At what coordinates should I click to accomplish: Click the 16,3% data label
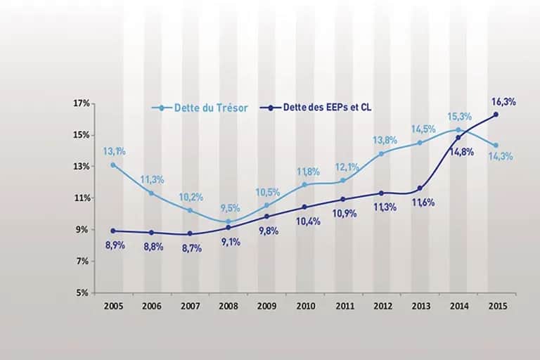pos(503,102)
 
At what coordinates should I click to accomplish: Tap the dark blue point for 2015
pos(496,115)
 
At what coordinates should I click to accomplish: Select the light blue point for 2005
pos(113,165)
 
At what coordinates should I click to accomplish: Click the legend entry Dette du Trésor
pos(200,108)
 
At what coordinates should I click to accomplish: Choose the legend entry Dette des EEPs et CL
pos(316,108)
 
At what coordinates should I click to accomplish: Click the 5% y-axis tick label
pos(83,293)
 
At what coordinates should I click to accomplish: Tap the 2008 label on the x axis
pos(229,306)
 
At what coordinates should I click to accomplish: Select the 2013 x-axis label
pos(421,306)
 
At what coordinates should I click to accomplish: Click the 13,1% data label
pos(115,151)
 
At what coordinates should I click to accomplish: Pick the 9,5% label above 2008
pos(231,208)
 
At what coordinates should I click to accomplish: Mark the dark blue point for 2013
pos(420,188)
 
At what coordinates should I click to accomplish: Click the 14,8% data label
pos(462,152)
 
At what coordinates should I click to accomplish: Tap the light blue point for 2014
pos(458,130)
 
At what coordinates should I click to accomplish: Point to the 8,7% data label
pos(192,248)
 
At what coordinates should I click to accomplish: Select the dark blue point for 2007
pos(190,233)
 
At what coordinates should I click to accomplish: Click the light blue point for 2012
pos(381,154)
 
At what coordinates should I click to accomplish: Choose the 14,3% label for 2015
pos(501,156)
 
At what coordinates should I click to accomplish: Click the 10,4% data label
pos(308,221)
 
